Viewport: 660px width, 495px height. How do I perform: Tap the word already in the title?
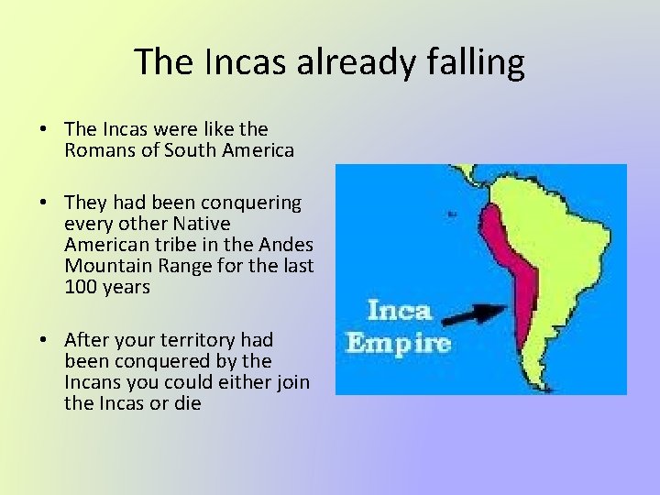point(350,62)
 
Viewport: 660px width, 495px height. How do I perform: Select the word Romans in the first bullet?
point(96,149)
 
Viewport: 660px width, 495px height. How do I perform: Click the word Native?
point(201,224)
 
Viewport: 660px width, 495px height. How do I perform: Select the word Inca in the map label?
point(399,309)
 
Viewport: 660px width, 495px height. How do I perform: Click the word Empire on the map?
point(398,344)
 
